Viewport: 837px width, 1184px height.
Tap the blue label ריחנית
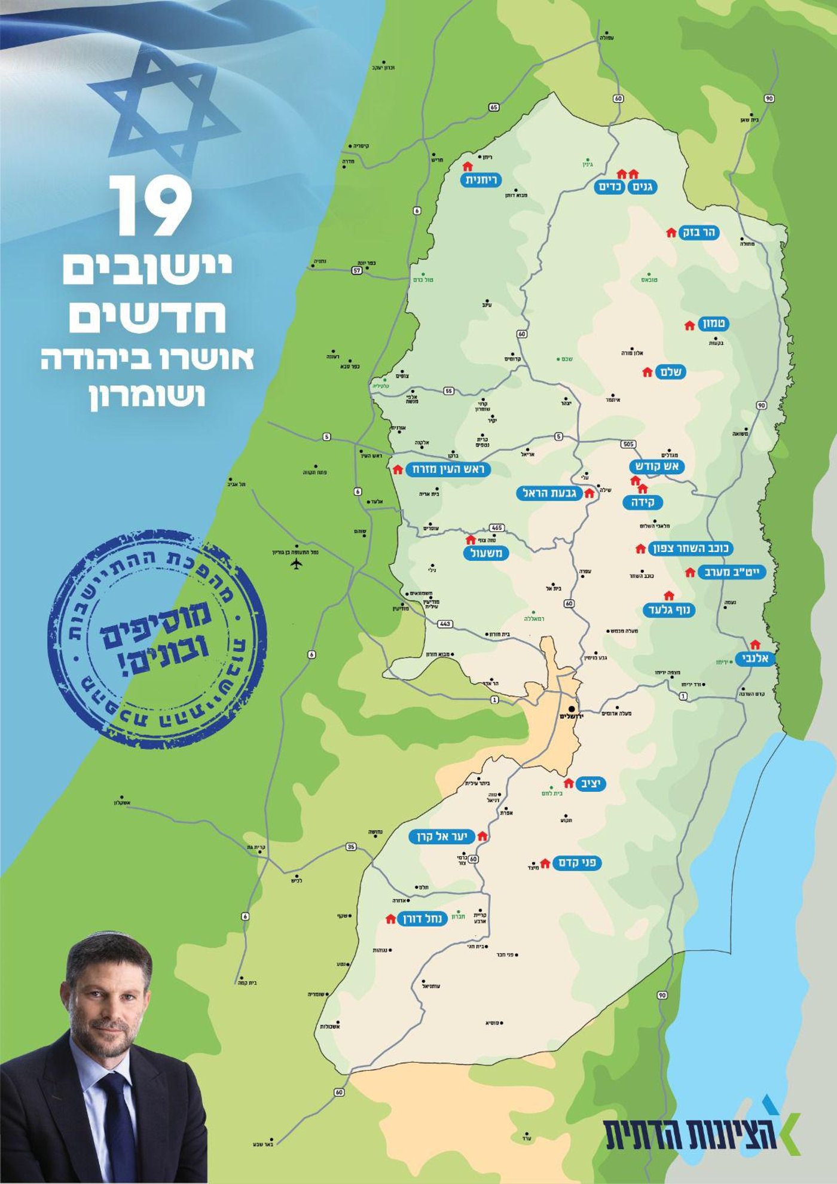(482, 180)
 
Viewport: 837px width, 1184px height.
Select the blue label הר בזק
(699, 233)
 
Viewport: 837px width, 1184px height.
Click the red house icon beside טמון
(689, 326)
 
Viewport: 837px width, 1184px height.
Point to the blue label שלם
(670, 372)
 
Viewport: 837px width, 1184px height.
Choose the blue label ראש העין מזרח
(448, 469)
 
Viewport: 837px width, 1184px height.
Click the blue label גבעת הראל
(549, 493)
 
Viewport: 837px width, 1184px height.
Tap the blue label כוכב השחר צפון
(691, 548)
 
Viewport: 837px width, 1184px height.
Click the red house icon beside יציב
(569, 783)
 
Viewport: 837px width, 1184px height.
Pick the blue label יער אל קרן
(442, 837)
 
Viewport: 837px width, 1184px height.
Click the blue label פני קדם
(577, 863)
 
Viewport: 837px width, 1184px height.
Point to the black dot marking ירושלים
(572, 709)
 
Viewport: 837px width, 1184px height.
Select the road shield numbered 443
(445, 624)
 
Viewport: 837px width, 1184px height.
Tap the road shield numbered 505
(628, 444)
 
